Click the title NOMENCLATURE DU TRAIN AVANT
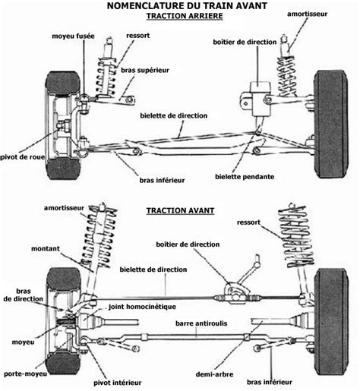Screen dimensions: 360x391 pos(187,5)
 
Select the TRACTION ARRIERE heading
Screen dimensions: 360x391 pos(185,16)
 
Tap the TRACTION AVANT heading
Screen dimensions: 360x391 pos(180,210)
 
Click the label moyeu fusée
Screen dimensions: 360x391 pos(73,36)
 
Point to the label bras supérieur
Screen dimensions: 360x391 pos(145,71)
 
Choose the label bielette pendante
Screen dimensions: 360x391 pos(245,177)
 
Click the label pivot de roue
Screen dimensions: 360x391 pos(23,157)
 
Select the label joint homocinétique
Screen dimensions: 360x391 pos(142,307)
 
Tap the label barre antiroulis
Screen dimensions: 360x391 pos(201,323)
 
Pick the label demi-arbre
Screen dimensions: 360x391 pos(214,374)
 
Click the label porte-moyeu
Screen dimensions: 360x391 pos(25,374)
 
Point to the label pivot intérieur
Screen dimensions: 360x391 pos(118,383)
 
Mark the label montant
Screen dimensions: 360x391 pos(46,249)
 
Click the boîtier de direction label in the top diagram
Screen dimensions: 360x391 pos(245,42)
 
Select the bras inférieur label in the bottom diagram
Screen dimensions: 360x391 pos(270,382)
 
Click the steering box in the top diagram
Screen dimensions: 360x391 pos(261,99)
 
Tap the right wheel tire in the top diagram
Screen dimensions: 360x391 pos(330,125)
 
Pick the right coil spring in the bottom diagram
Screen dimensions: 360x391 pos(296,237)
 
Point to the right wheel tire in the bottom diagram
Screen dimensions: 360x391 pos(331,322)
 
